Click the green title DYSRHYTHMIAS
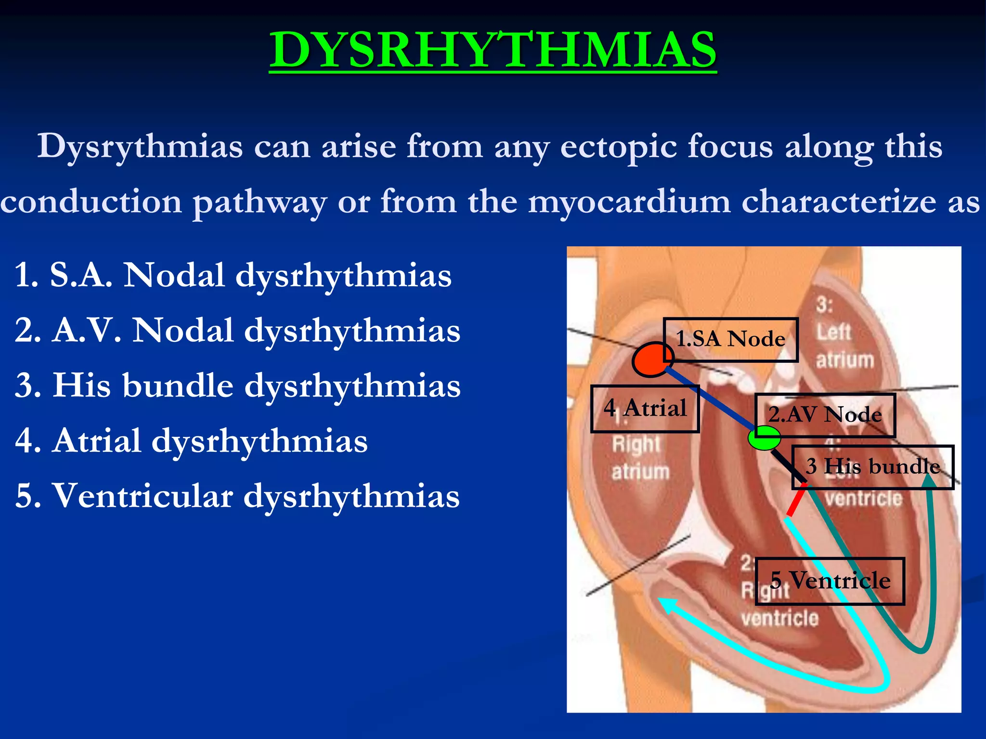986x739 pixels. point(493,50)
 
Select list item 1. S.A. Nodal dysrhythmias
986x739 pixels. point(234,276)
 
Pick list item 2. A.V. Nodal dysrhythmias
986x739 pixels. point(237,331)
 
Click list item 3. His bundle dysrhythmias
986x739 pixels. point(237,386)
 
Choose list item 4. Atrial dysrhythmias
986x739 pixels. point(191,441)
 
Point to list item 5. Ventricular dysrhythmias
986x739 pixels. point(237,496)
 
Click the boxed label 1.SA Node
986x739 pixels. point(730,340)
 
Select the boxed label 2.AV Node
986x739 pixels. point(825,415)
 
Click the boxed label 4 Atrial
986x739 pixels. point(645,408)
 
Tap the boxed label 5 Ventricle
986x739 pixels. point(830,581)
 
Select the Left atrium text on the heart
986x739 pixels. point(843,345)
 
